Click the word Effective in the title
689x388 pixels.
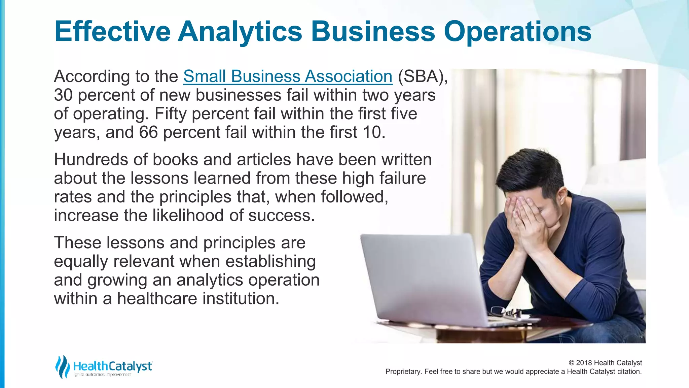tap(112, 31)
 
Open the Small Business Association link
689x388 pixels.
tap(288, 76)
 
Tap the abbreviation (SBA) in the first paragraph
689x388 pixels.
tap(423, 76)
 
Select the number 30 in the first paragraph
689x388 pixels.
tap(63, 95)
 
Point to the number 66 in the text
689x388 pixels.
tap(148, 132)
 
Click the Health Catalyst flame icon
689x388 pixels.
tap(63, 366)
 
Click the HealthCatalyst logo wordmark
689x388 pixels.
tap(113, 366)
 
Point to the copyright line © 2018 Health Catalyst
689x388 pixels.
tap(605, 363)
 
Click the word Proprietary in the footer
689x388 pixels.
tap(403, 371)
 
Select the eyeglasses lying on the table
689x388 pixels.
tap(505, 313)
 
